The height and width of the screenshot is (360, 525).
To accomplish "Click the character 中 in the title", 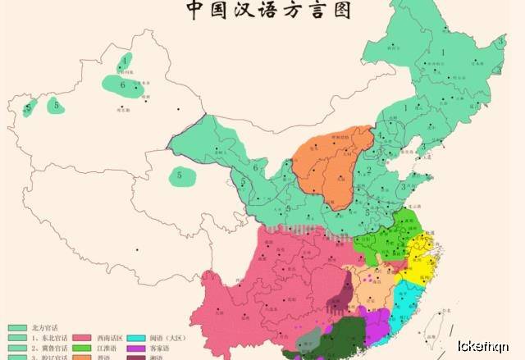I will [195, 10].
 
